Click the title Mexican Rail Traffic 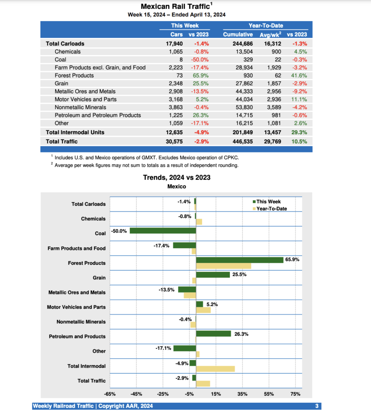coord(175,6)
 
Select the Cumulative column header coord(238,34)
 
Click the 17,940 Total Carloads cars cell coord(174,44)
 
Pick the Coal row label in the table coord(61,59)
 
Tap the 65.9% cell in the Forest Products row coord(200,76)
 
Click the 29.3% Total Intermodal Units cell coord(299,132)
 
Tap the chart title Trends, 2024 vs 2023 coord(177,177)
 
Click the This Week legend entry coord(268,202)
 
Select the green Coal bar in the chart coord(163,231)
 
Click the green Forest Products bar coord(240,260)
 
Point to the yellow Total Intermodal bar coord(215,369)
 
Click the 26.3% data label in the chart coord(241,334)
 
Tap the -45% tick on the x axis coord(136,394)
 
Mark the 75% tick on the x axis coord(295,394)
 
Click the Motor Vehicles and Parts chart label coord(76,307)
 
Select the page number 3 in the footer coord(317,406)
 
